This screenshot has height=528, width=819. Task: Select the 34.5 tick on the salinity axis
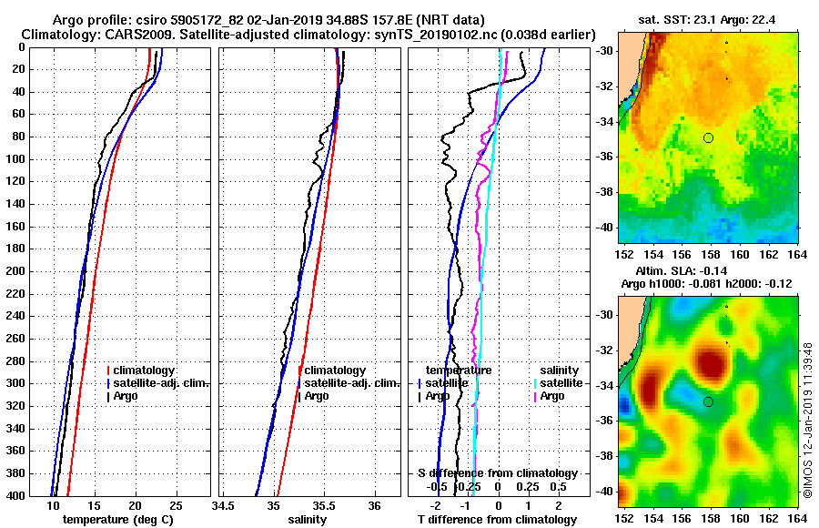coord(224,505)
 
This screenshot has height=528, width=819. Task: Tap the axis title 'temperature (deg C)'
coord(117,520)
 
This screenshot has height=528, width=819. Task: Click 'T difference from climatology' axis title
coord(497,520)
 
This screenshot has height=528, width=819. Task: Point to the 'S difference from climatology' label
coord(497,473)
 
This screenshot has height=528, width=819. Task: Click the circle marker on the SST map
coord(708,137)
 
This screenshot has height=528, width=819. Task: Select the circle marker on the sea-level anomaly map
coord(708,401)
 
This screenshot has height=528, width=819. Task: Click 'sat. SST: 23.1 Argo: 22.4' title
coord(708,19)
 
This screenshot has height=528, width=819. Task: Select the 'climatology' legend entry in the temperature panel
coord(147,371)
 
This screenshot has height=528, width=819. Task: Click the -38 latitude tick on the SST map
coord(606,192)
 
